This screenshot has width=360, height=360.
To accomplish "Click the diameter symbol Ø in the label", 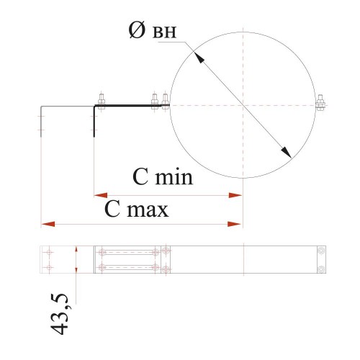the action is (137, 30).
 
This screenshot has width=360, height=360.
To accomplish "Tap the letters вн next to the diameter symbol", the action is (165, 32).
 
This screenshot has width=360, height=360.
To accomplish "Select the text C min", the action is (163, 177).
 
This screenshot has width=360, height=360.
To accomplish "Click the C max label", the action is (136, 210).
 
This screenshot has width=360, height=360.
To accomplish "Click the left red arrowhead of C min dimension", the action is (101, 195).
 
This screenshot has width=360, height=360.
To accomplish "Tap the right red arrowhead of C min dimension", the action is (235, 195).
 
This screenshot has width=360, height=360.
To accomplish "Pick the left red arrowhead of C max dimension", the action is (48, 224).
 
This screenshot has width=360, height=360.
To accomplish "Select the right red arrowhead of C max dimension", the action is (234, 224).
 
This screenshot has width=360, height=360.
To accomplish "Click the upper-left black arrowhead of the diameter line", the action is (199, 58).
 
